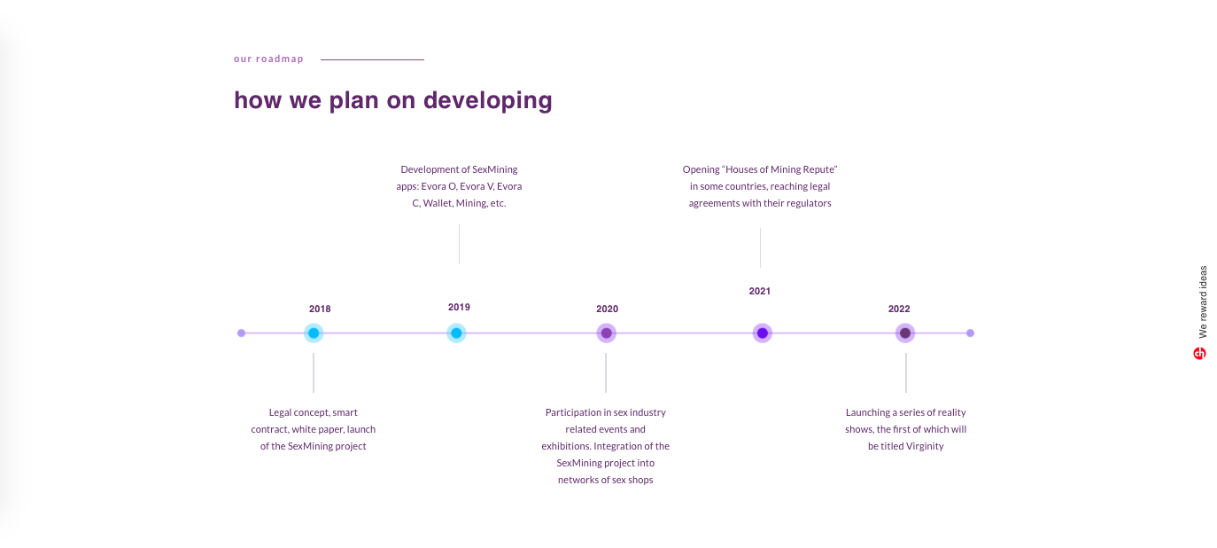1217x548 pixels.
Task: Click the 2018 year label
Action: (x=320, y=309)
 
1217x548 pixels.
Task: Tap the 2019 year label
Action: (x=459, y=307)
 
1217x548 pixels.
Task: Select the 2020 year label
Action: (x=607, y=309)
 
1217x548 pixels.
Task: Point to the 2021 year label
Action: (x=760, y=291)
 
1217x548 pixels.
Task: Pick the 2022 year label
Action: (x=899, y=309)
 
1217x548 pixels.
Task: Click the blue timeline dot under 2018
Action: (x=314, y=333)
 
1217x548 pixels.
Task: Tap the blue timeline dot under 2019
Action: (x=456, y=333)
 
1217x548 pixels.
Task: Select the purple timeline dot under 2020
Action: (x=607, y=333)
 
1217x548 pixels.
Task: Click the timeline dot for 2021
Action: (x=763, y=333)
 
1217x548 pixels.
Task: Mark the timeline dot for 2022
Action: (x=905, y=333)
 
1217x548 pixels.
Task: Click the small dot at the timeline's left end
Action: (x=241, y=333)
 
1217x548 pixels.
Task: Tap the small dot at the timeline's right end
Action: (x=971, y=333)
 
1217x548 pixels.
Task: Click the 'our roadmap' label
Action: (x=268, y=59)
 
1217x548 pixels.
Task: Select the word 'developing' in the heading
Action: (x=487, y=101)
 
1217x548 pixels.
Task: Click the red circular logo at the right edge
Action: (x=1199, y=354)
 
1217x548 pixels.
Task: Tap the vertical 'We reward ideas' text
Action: (x=1203, y=301)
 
